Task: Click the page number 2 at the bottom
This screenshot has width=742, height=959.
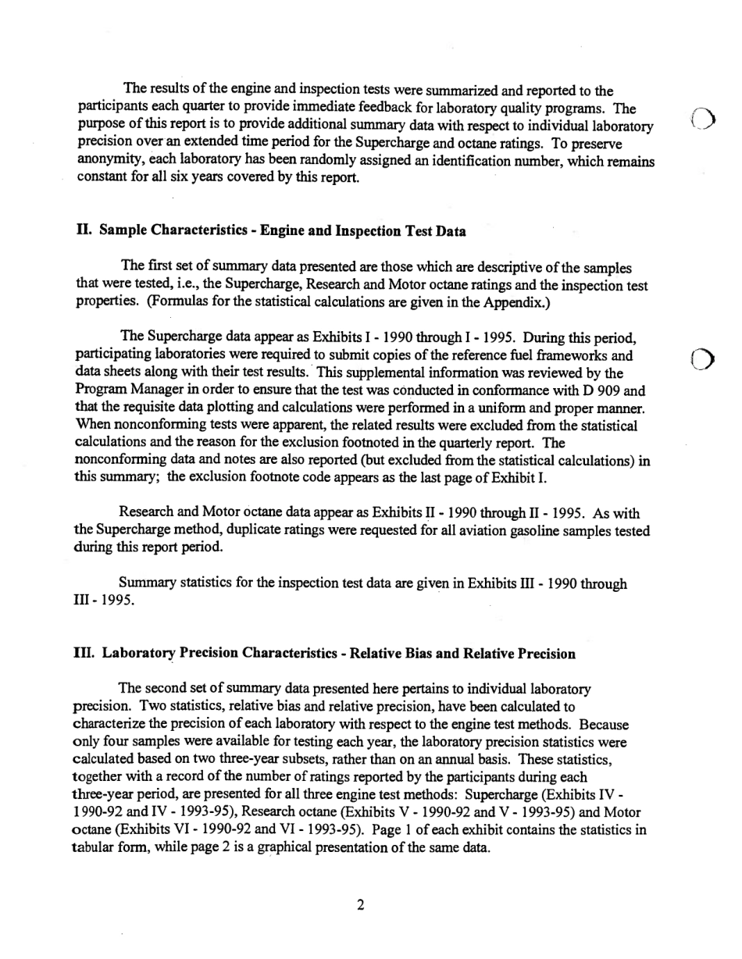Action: point(360,906)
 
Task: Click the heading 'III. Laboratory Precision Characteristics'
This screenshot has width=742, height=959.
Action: point(325,653)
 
